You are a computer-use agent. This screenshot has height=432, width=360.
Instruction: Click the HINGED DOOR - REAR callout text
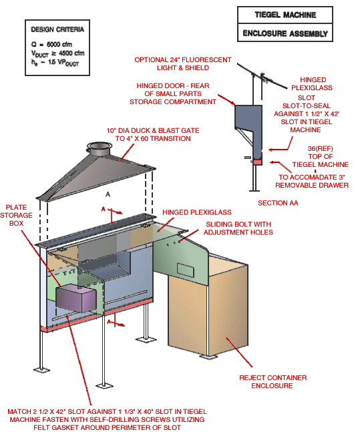pos(176,93)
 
